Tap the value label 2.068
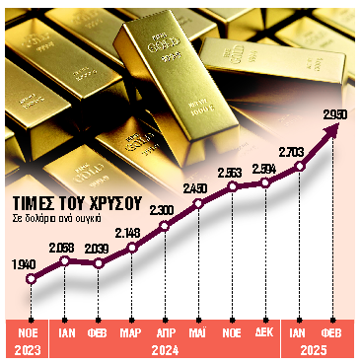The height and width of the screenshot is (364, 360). (64, 246)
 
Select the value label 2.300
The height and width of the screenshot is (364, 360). (165, 209)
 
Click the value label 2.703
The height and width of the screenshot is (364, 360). (300, 151)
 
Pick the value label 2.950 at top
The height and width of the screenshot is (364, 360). (337, 115)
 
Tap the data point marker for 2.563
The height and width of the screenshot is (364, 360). (233, 186)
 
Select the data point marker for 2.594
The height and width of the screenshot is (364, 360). (265, 182)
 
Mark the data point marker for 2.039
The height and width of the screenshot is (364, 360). (98, 263)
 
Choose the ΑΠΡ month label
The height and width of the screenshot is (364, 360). (165, 332)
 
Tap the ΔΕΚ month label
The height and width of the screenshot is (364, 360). (265, 332)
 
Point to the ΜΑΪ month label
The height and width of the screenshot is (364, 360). (198, 332)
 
